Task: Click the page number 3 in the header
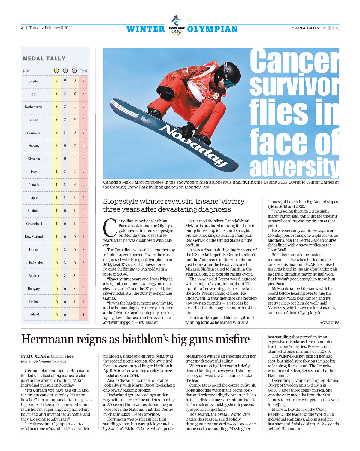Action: coord(22,28)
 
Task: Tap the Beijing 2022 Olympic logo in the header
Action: coord(176,25)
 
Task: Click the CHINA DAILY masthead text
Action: coord(305,28)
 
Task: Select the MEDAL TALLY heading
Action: coord(44,59)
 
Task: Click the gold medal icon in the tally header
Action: coord(56,71)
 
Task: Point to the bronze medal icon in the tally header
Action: coord(74,71)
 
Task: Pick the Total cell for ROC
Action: coord(83,94)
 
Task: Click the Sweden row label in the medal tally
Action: coord(34,81)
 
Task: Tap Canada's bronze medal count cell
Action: coord(75,184)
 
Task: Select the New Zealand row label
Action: coord(34,236)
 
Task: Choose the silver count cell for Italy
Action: coord(65,172)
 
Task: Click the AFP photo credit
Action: coord(206,187)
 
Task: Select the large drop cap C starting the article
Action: coord(110,228)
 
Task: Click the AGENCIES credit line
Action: coord(329,323)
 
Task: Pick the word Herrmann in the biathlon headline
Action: coord(47,339)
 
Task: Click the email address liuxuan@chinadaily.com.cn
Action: coord(44,361)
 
